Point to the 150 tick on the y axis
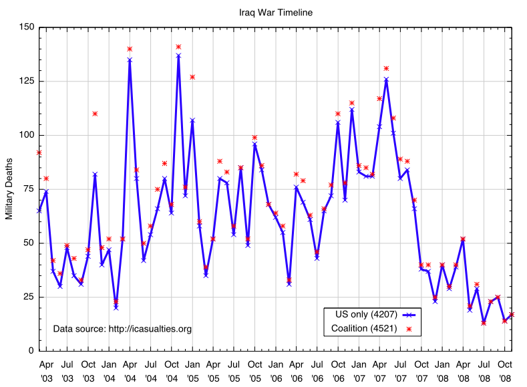pyautogui.click(x=26, y=27)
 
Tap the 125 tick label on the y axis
pyautogui.click(x=26, y=82)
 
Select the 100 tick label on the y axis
pyautogui.click(x=26, y=135)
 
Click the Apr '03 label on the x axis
pyautogui.click(x=46, y=370)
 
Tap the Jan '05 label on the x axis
pyautogui.click(x=192, y=370)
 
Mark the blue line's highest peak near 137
pyautogui.click(x=178, y=55)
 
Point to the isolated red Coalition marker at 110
pyautogui.click(x=95, y=114)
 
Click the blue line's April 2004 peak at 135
pyautogui.click(x=130, y=59)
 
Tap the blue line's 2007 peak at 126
pyautogui.click(x=386, y=79)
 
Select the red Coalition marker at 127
pyautogui.click(x=192, y=77)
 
